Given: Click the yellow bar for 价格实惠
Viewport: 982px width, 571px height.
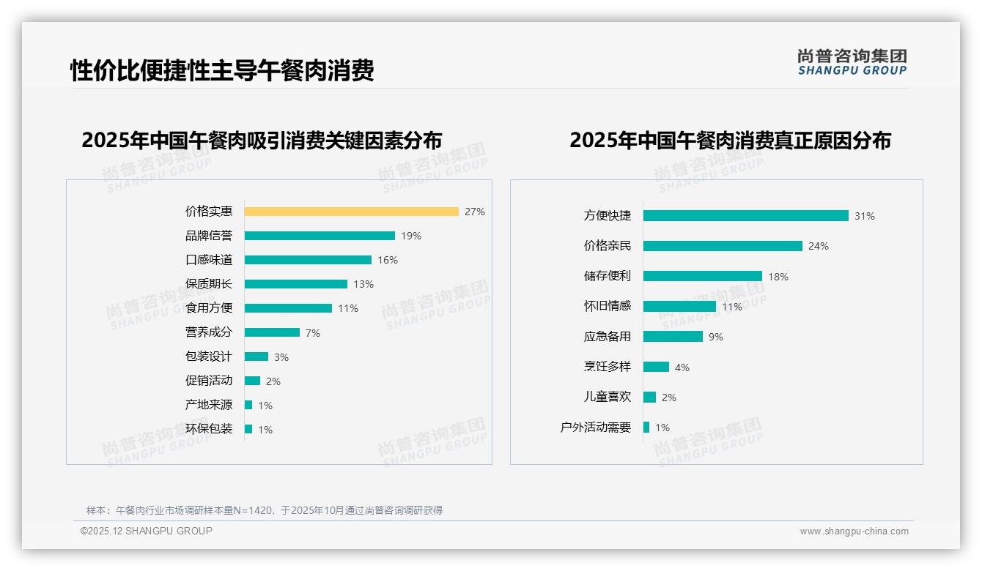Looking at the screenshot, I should [351, 212].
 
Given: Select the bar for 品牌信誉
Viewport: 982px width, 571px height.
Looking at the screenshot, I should [320, 236].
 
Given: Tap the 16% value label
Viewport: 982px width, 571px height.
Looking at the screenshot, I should [388, 260].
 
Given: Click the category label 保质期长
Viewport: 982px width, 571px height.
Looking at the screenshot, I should [209, 284].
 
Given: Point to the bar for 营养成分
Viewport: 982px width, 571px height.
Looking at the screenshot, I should [272, 332].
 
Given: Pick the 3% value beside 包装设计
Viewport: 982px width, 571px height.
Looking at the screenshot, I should [281, 357].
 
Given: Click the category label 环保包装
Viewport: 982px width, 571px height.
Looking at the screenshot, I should [209, 429].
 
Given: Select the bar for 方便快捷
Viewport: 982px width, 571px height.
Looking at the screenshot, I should [745, 216].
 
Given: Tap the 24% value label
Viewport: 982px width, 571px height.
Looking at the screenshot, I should [819, 246].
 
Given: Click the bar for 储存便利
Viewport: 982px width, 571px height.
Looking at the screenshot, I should [702, 276].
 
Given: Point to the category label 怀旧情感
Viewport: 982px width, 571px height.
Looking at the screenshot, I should [608, 307].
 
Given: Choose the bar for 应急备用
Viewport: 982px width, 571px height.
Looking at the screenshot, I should [673, 337].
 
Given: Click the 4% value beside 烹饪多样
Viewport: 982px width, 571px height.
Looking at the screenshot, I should [682, 367].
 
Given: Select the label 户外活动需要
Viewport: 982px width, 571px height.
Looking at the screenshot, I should [596, 428].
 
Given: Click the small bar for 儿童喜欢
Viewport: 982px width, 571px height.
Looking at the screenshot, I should [649, 398].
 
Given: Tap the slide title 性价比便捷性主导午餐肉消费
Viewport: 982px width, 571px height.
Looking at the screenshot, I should [222, 70].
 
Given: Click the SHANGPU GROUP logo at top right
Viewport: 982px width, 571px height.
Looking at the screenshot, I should [852, 62].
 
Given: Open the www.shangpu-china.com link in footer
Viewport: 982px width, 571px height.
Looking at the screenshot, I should [854, 531].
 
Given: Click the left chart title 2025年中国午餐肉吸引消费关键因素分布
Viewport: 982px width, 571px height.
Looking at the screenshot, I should [262, 140].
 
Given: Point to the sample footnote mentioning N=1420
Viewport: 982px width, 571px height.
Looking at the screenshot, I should [265, 510].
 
